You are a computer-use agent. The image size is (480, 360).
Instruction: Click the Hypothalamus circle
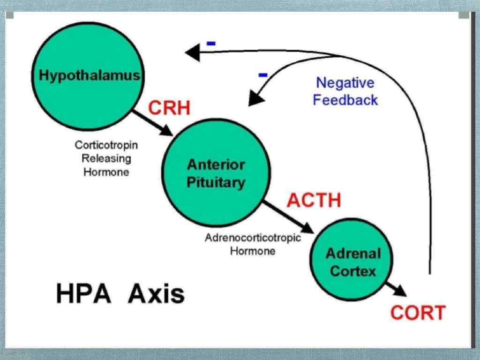pyautogui.click(x=89, y=75)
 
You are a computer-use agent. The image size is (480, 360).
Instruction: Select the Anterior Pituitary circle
pyautogui.click(x=216, y=173)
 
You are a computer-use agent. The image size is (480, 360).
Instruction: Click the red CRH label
pyautogui.click(x=169, y=109)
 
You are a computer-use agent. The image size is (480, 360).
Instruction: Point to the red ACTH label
pyautogui.click(x=314, y=201)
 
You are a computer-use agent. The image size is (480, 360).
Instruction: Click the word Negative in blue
pyautogui.click(x=345, y=83)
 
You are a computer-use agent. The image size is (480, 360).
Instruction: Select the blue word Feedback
pyautogui.click(x=345, y=100)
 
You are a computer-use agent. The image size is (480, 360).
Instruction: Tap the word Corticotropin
pyautogui.click(x=106, y=145)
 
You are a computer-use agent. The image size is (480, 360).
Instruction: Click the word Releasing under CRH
pyautogui.click(x=106, y=158)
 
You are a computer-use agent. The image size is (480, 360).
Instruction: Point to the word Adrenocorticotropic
pyautogui.click(x=253, y=238)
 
